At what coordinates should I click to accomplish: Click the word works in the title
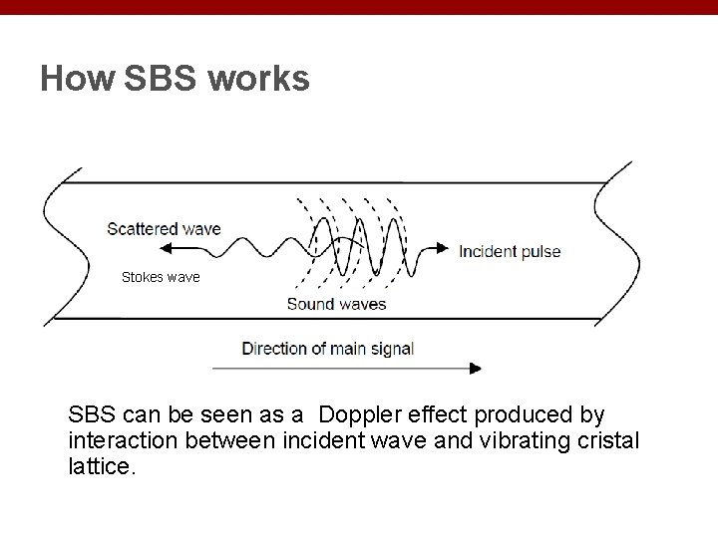pos(260,79)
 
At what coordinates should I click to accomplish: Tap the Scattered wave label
pos(165,228)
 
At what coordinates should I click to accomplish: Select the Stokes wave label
pos(161,277)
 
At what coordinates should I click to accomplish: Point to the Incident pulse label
pos(510,251)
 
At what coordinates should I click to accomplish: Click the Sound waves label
pos(336,304)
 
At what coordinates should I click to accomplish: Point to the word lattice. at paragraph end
pos(101,464)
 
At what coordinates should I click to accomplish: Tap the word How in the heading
pos(77,79)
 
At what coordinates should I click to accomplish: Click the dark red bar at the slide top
pos(359,7)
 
